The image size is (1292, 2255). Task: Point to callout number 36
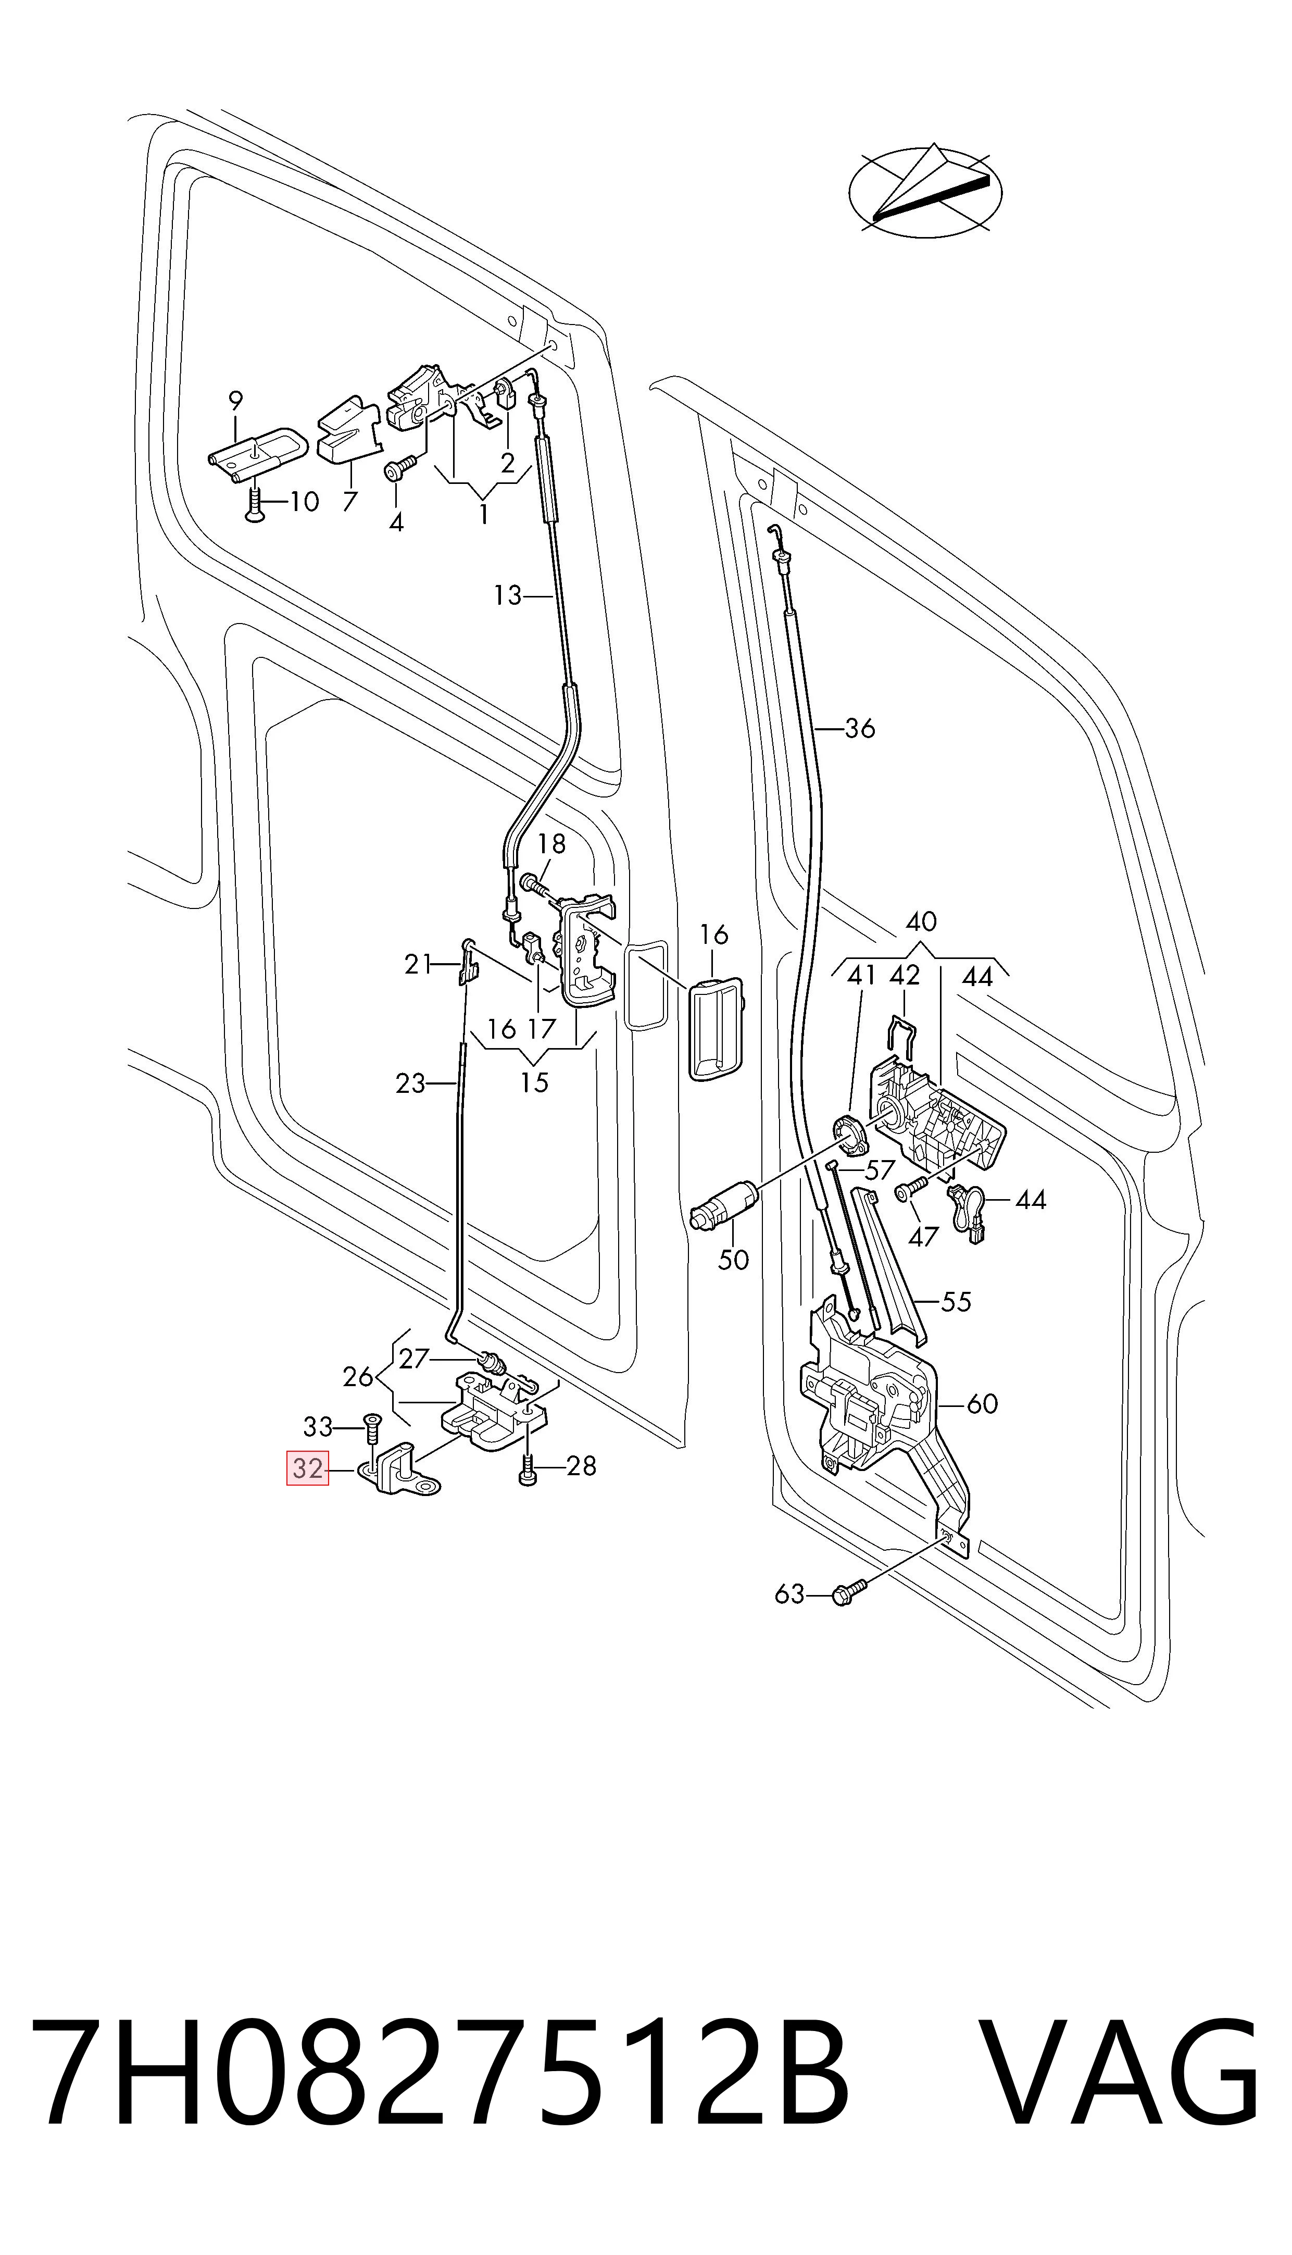coord(860,729)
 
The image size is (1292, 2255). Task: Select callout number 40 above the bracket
coord(921,921)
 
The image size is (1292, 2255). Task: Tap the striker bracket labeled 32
coord(400,1474)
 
